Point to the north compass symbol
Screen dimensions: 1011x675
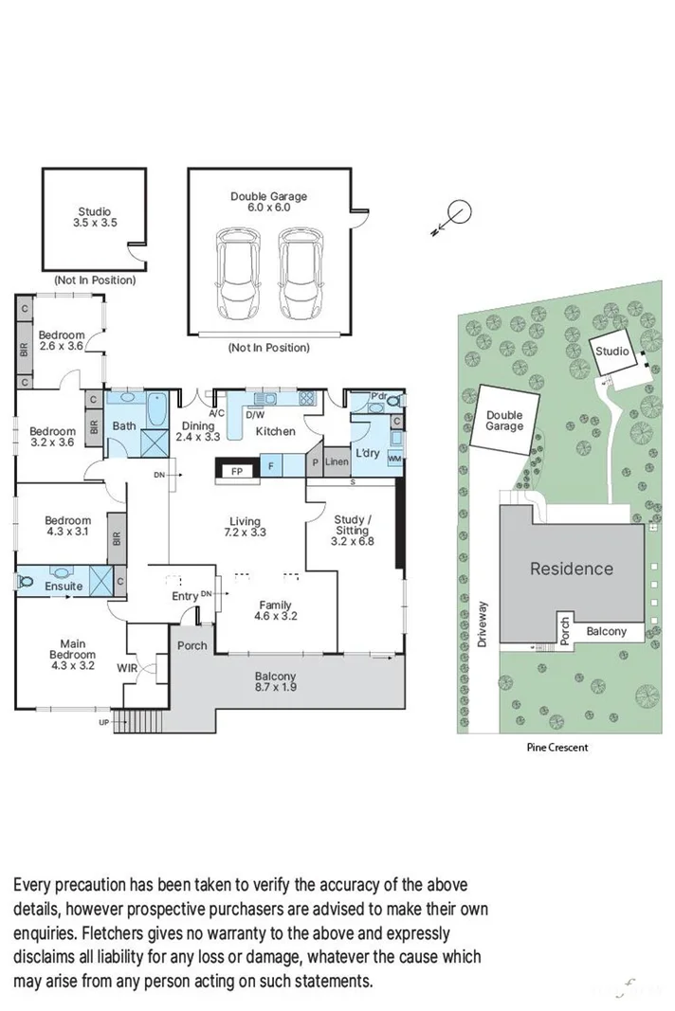pyautogui.click(x=458, y=213)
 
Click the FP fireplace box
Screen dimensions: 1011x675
pyautogui.click(x=237, y=469)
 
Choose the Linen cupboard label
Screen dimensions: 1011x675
pyautogui.click(x=337, y=462)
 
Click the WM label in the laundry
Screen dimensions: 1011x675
pyautogui.click(x=394, y=460)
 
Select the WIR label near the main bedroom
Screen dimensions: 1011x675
pyautogui.click(x=127, y=669)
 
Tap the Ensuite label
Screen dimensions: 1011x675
pyautogui.click(x=64, y=587)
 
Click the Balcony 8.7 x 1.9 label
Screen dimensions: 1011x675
pyautogui.click(x=275, y=682)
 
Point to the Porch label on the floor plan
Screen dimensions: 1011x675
pyautogui.click(x=192, y=646)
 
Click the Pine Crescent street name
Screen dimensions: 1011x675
pyautogui.click(x=557, y=747)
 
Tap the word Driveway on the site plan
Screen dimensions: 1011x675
pyautogui.click(x=483, y=623)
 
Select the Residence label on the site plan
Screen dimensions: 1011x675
pyautogui.click(x=571, y=569)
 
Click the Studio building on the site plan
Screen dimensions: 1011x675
pyautogui.click(x=612, y=352)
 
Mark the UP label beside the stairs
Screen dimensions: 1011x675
pyautogui.click(x=103, y=723)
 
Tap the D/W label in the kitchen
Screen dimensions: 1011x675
pyautogui.click(x=255, y=414)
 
